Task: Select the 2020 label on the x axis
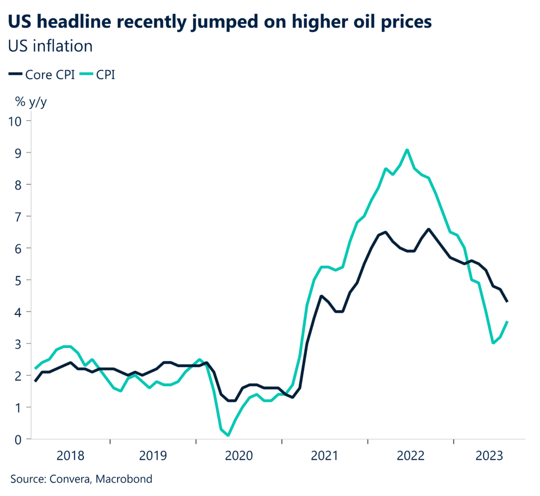[x=239, y=455]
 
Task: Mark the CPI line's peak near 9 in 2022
[x=407, y=150]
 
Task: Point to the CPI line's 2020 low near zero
[x=228, y=435]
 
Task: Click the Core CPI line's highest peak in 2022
[x=428, y=229]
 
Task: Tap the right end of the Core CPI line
[x=507, y=301]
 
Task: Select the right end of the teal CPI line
[x=507, y=322]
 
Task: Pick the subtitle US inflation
[x=50, y=45]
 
